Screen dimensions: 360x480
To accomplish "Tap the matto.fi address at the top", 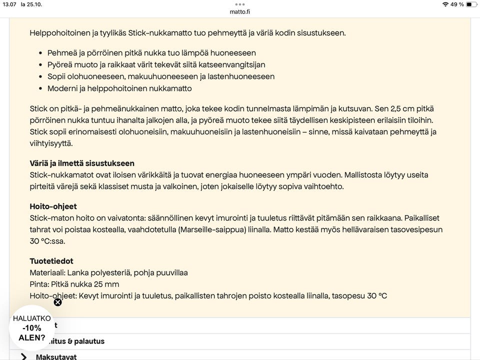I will pyautogui.click(x=240, y=11).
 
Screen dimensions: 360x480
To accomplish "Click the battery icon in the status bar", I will pyautogui.click(x=471, y=4).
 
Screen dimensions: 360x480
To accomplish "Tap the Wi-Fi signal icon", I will pyautogui.click(x=445, y=4).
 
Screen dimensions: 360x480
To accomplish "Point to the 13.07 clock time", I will pyautogui.click(x=9, y=4).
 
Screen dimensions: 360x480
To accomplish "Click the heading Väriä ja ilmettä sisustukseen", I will pyautogui.click(x=82, y=163).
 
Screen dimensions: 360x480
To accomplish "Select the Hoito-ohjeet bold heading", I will pyautogui.click(x=53, y=206).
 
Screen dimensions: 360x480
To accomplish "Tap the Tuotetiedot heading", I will pyautogui.click(x=51, y=261).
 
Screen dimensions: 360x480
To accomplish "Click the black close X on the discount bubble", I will pyautogui.click(x=57, y=302).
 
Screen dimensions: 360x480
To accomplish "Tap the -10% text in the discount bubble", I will pyautogui.click(x=31, y=328).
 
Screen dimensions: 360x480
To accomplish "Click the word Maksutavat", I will pyautogui.click(x=56, y=357).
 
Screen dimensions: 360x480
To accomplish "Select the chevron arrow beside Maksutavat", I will pyautogui.click(x=23, y=356).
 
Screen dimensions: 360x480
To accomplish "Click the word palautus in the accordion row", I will pyautogui.click(x=89, y=341).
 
